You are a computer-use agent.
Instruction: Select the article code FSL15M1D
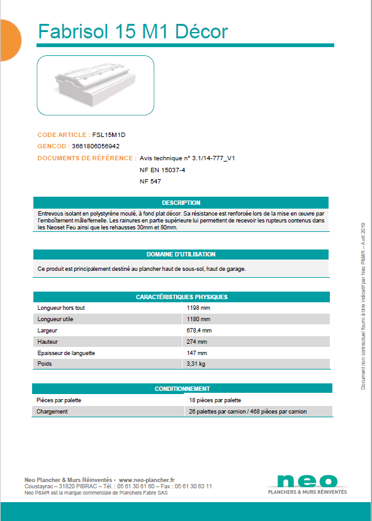(x=113, y=134)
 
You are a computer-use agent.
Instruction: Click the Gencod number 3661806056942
(x=96, y=146)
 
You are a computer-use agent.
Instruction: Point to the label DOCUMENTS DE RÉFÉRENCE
(x=86, y=158)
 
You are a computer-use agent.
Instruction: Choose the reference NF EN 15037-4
(x=162, y=170)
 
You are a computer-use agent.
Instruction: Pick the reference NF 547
(x=150, y=181)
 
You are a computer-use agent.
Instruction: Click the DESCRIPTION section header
(x=181, y=203)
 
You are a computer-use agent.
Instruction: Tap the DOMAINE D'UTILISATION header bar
(x=181, y=255)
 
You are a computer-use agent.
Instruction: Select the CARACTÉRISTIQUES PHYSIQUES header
(x=181, y=297)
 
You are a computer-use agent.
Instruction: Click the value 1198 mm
(x=199, y=308)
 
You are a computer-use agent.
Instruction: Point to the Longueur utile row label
(x=55, y=319)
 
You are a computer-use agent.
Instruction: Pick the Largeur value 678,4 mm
(x=200, y=331)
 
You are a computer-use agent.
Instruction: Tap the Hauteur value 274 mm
(x=197, y=342)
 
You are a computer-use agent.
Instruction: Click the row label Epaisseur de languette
(x=66, y=353)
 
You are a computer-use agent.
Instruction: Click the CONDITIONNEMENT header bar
(x=182, y=389)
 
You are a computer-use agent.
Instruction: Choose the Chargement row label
(x=52, y=412)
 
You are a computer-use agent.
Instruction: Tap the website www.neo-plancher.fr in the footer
(x=147, y=480)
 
